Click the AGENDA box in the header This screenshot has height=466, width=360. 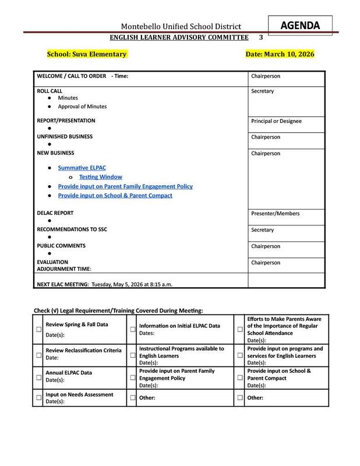coord(300,25)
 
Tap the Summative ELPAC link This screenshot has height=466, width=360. coord(77,168)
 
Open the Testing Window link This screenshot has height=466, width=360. coord(100,177)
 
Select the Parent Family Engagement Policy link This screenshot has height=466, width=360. coord(125,186)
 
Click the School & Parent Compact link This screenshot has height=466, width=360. coord(115,196)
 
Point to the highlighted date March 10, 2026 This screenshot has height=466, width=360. coord(280,54)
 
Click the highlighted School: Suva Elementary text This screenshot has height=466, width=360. coord(86,54)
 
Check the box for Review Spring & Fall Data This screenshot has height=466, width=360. coord(39,329)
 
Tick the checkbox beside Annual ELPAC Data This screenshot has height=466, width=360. coord(39,377)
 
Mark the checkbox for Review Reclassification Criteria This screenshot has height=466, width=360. coord(39,354)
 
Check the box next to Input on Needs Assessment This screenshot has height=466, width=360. coord(39,398)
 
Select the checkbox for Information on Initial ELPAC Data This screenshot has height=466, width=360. coord(132,329)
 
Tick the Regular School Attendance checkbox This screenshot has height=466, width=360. coord(239,329)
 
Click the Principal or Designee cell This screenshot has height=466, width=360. coord(276,121)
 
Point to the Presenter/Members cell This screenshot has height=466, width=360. coord(275,214)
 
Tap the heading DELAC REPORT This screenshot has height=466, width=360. coord(55,214)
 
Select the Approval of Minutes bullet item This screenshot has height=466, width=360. coord(82,107)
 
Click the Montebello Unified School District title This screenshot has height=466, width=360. coord(181,27)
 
